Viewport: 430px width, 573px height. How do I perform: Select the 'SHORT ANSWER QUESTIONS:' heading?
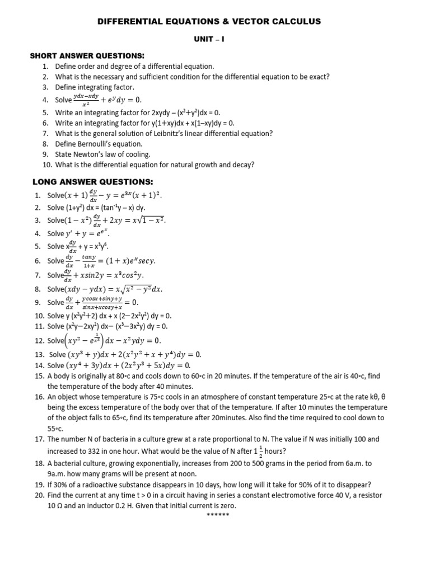click(87, 56)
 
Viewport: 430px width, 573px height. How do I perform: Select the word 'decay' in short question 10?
click(242, 165)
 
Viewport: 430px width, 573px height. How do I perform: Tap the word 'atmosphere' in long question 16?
click(221, 396)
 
